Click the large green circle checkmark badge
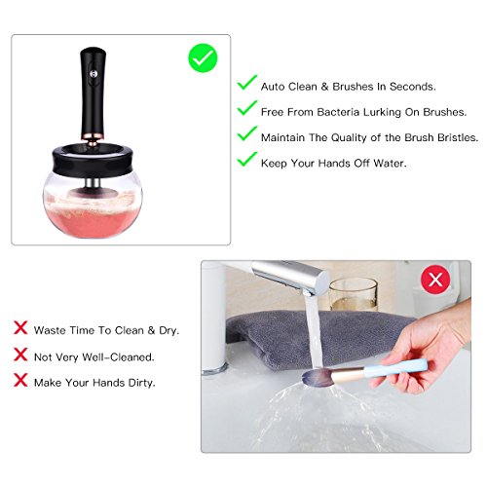(x=203, y=58)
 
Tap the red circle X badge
(x=435, y=280)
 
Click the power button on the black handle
(x=94, y=74)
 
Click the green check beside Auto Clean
(x=247, y=82)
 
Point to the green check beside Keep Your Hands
(x=247, y=159)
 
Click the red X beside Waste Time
(x=20, y=327)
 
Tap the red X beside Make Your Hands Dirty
(x=20, y=380)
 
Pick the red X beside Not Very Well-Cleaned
(x=20, y=354)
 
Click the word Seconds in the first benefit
(x=413, y=87)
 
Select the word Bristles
(x=458, y=137)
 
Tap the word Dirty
(x=141, y=383)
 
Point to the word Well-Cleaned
(x=118, y=357)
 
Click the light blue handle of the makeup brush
(x=395, y=368)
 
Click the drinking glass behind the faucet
(x=354, y=295)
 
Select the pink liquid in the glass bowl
(x=93, y=221)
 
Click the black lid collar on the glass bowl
(x=94, y=160)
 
